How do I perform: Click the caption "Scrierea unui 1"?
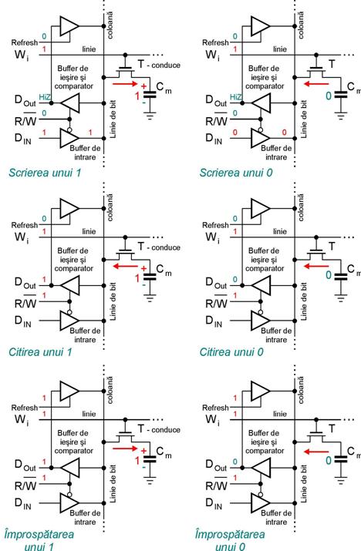[45, 173]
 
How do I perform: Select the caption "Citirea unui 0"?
[231, 351]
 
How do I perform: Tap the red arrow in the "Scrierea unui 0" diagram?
[316, 84]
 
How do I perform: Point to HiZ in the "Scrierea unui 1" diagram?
[44, 97]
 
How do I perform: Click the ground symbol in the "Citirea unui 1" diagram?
[150, 299]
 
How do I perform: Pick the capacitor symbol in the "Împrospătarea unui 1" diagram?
[150, 459]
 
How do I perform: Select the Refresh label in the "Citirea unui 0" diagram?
[215, 225]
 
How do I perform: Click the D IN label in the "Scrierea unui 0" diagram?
[214, 139]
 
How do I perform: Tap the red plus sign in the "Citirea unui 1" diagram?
[143, 268]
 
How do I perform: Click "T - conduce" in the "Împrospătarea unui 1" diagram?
[159, 429]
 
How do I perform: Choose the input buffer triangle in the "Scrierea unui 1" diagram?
[69, 138]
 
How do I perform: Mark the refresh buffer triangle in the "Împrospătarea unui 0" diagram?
[261, 391]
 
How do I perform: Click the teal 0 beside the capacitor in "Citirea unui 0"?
[329, 274]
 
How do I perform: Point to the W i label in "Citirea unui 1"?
[22, 238]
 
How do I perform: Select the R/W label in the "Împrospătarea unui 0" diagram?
[217, 484]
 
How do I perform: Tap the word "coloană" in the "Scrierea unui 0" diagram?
[301, 25]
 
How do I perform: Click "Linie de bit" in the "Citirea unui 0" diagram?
[304, 301]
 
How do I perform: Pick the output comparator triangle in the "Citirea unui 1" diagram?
[70, 285]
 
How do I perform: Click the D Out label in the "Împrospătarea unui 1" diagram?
[25, 465]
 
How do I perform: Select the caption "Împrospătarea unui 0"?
[230, 540]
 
